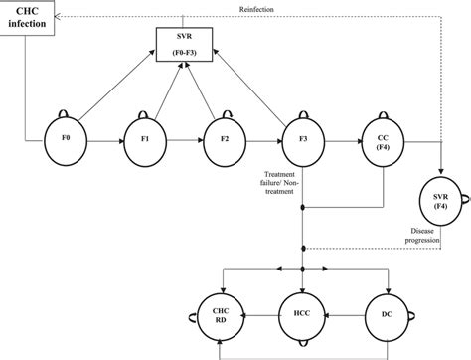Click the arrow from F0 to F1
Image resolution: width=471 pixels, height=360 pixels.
tap(104, 142)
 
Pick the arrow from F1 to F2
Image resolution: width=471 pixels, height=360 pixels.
tap(184, 142)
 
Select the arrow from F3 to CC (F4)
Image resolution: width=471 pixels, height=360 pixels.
tap(342, 142)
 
